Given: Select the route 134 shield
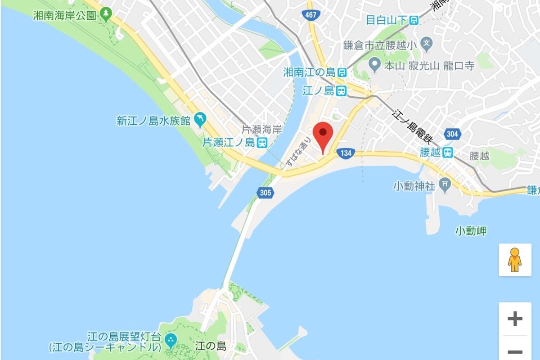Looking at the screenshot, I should tap(346, 153).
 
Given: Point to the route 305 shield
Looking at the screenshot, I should tap(265, 193).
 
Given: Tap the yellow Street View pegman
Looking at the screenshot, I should tap(514, 260).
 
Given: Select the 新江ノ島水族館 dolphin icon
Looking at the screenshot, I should tap(199, 119).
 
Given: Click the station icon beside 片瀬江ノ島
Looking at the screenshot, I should tap(262, 143).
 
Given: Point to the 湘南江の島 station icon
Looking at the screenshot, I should tap(342, 72).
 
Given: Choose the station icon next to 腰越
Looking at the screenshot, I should tap(447, 153).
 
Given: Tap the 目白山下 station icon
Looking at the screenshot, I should tap(413, 20).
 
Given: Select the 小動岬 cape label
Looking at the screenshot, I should tap(471, 231).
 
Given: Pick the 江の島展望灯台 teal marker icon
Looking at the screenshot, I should tap(171, 340).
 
